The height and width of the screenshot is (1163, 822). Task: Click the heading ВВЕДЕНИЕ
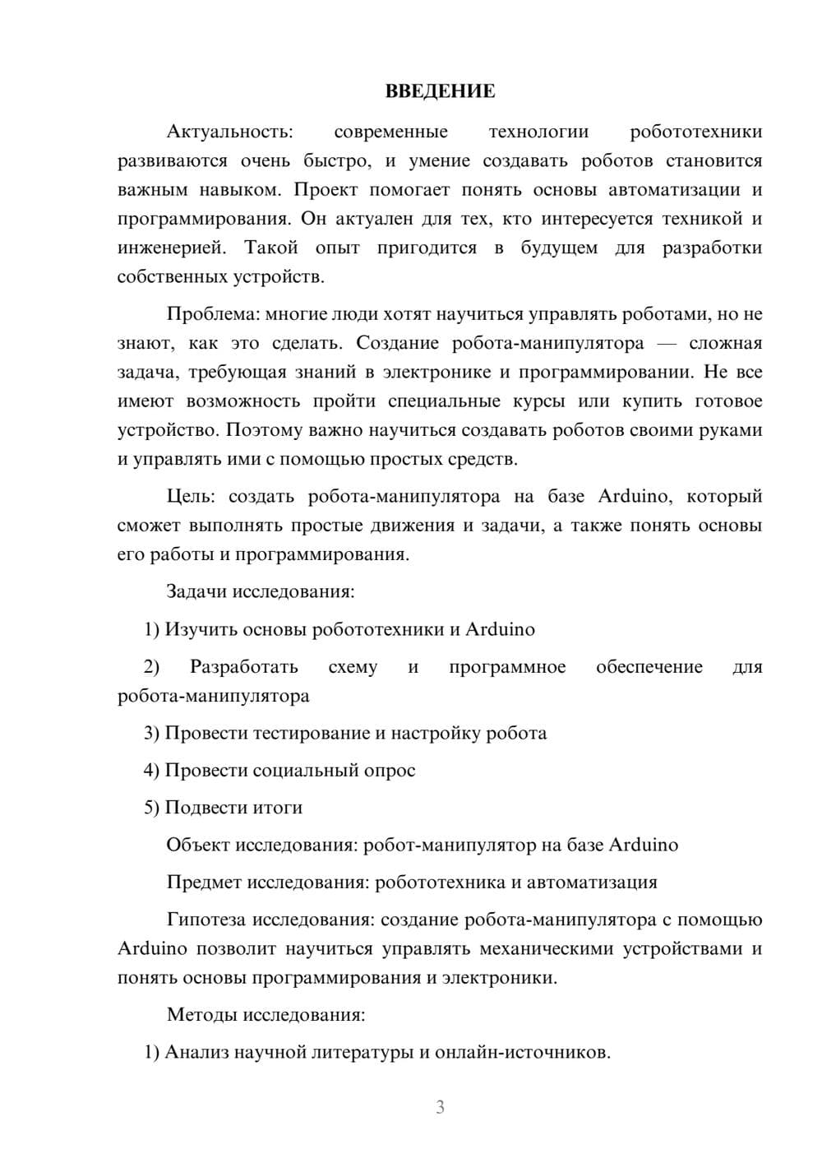440,91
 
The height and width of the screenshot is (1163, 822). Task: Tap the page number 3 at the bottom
440,1107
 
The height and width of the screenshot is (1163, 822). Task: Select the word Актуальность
229,132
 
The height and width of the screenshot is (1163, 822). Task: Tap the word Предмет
204,883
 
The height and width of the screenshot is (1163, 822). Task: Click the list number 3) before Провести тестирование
151,733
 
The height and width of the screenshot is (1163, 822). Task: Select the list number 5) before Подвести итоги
151,808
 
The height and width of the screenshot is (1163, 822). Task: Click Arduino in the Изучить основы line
500,629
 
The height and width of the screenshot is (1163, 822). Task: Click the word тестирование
312,733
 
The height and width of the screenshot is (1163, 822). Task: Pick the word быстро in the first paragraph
338,161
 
